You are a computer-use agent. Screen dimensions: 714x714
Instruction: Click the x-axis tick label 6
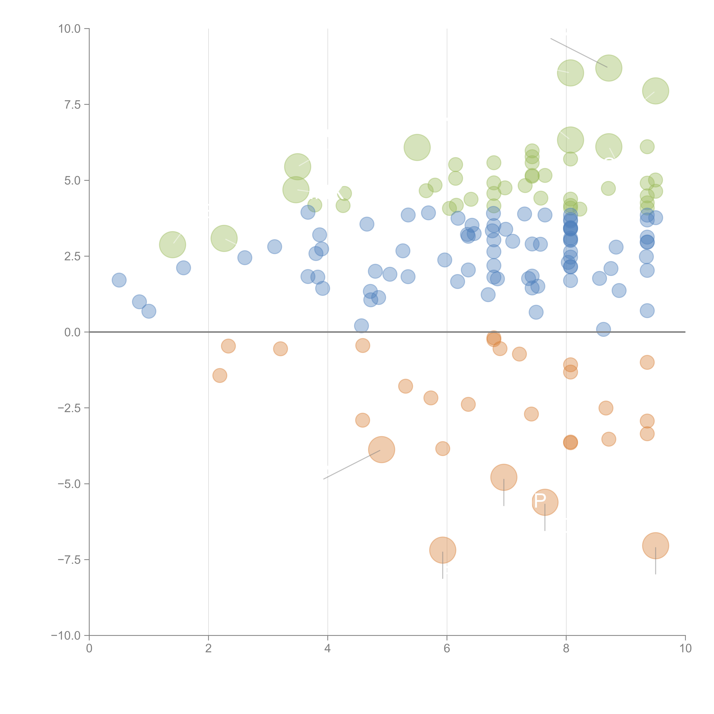pyautogui.click(x=447, y=649)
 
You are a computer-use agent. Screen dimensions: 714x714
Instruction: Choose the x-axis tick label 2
pyautogui.click(x=208, y=649)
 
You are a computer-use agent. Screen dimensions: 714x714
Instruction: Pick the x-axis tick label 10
pyautogui.click(x=685, y=649)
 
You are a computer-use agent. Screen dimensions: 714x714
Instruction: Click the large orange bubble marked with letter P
pyautogui.click(x=545, y=502)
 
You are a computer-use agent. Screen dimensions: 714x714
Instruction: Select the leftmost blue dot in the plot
pyautogui.click(x=119, y=280)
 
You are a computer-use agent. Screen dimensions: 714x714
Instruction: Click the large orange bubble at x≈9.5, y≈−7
pyautogui.click(x=655, y=545)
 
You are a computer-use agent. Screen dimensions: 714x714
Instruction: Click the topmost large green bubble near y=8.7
pyautogui.click(x=608, y=68)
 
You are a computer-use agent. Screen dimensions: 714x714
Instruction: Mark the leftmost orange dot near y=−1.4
pyautogui.click(x=219, y=375)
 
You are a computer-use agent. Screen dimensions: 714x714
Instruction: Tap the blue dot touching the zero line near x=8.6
pyautogui.click(x=603, y=329)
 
